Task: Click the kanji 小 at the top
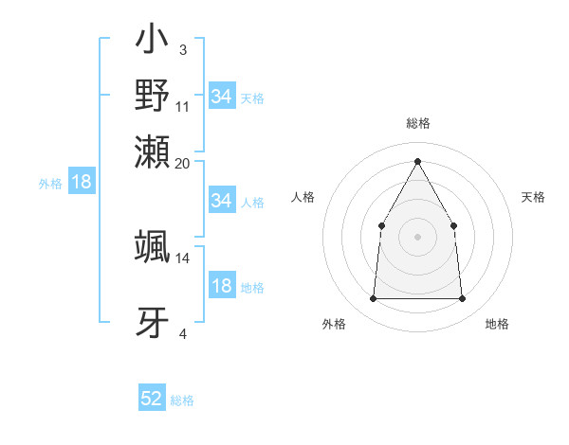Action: tap(152, 44)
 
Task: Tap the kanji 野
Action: tap(152, 97)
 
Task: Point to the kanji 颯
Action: tap(152, 245)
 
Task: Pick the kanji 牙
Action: tap(152, 320)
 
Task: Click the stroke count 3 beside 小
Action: tap(182, 48)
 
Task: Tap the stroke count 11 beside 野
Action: tap(183, 106)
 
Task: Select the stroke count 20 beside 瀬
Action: tap(183, 163)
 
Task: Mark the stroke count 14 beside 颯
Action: tap(183, 258)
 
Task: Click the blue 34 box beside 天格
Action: tap(221, 97)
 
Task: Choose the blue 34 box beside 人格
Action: tap(221, 201)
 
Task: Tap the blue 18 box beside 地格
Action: tap(221, 287)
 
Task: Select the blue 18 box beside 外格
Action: tap(82, 182)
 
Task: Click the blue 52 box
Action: tap(152, 399)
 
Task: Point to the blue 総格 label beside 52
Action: tap(182, 400)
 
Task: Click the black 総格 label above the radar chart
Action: tap(417, 123)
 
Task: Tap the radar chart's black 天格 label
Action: tap(534, 197)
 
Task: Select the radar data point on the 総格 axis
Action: tap(417, 161)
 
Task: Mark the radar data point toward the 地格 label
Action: tap(462, 299)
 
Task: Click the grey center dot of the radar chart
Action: tap(417, 236)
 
